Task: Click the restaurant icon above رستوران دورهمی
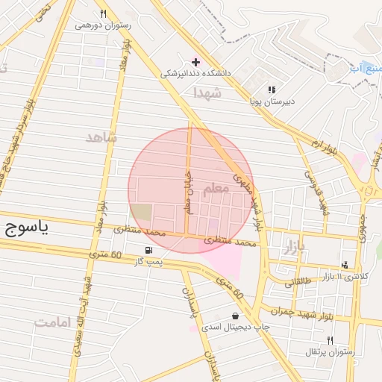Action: (104, 13)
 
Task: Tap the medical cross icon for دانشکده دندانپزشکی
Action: (196, 62)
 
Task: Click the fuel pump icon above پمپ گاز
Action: (150, 250)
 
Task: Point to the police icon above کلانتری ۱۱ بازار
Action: (345, 265)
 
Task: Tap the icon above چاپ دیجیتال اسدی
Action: (236, 316)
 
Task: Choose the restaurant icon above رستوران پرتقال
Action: (330, 339)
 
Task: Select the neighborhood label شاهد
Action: (102, 138)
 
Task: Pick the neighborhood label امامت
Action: (53, 322)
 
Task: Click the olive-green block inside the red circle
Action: (142, 212)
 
